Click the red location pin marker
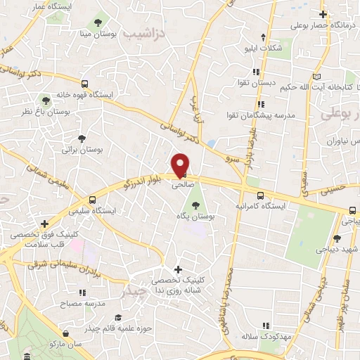[181, 165]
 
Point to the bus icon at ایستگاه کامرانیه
[261, 196]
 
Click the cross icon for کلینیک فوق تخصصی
[44, 224]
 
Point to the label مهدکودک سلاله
[264, 339]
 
